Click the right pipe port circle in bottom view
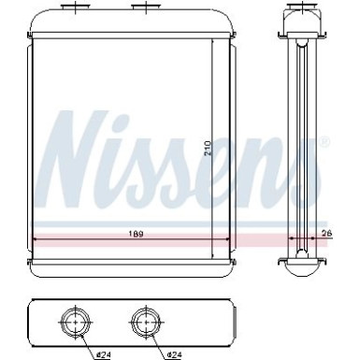tap(144, 322)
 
